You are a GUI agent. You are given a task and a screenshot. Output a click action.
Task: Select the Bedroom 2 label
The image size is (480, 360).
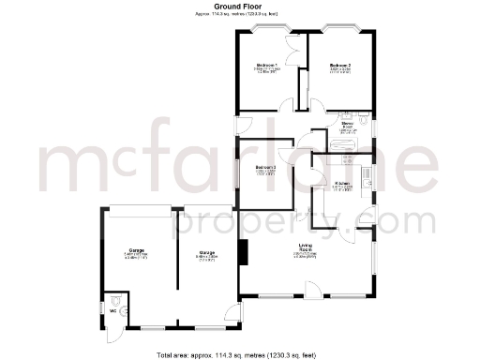(338, 65)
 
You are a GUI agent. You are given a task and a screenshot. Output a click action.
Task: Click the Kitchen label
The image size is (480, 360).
(341, 183)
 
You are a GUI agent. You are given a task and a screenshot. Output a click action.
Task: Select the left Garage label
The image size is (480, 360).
(136, 250)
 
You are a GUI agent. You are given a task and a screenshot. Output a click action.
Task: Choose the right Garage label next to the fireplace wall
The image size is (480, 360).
(206, 251)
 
